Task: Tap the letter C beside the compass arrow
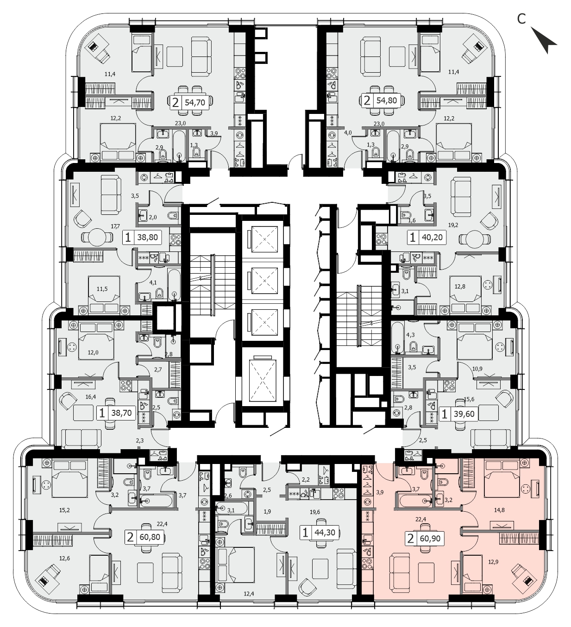pyautogui.click(x=521, y=19)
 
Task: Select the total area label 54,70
pyautogui.click(x=195, y=102)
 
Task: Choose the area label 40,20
pyautogui.click(x=432, y=238)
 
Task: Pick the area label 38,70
pyautogui.click(x=121, y=413)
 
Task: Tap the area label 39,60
pyautogui.click(x=464, y=414)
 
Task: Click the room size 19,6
pyautogui.click(x=315, y=512)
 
